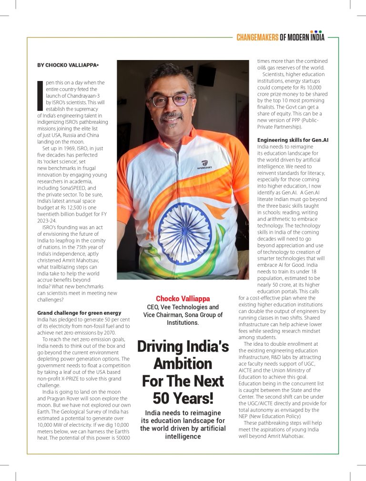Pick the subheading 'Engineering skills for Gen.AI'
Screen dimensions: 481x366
tap(293, 140)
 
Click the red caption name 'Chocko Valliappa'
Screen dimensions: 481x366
tap(183, 299)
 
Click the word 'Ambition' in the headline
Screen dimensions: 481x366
tap(183, 364)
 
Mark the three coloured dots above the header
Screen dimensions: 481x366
tap(316, 31)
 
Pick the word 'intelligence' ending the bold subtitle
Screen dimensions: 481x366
tap(183, 436)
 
